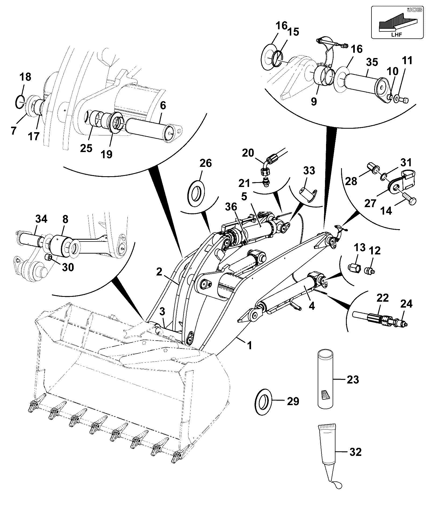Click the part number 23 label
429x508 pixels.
click(353, 380)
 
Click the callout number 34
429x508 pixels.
click(41, 219)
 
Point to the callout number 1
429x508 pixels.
click(250, 345)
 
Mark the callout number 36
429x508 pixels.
click(231, 207)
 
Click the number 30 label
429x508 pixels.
click(68, 267)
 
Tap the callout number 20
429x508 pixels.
click(248, 153)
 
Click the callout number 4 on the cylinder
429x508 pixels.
click(312, 306)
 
